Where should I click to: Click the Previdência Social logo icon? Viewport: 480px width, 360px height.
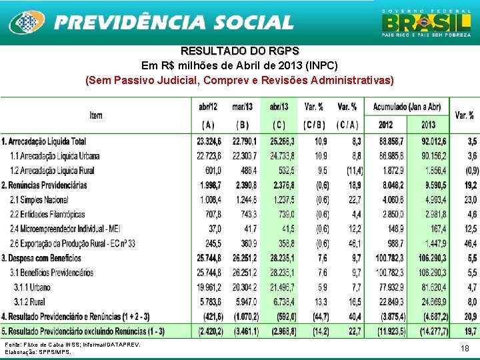[27, 23]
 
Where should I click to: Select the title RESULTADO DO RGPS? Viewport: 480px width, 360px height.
[240, 51]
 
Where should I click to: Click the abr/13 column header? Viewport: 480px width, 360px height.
[279, 107]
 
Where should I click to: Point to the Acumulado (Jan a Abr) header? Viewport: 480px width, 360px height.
[407, 107]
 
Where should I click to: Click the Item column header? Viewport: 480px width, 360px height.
[96, 115]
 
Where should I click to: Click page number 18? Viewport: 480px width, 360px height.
[465, 349]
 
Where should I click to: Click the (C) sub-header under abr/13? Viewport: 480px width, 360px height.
[279, 125]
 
